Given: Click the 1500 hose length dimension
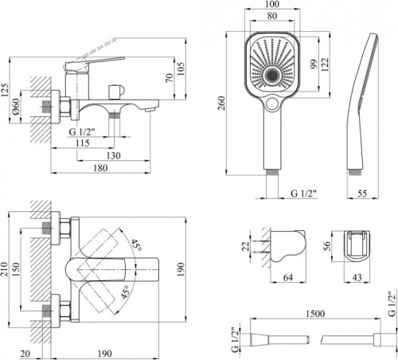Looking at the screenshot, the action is point(315,314).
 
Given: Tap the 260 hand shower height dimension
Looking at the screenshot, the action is point(221,104).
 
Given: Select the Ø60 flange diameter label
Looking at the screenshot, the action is point(16,107).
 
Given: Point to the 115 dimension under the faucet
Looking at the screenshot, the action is point(83,143).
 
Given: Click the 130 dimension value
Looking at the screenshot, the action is point(113,155).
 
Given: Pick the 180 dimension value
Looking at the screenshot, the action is point(100,168).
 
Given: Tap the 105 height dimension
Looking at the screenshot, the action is point(181,68).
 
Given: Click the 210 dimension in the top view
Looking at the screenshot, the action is point(4,269).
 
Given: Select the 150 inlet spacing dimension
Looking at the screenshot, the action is point(16,269).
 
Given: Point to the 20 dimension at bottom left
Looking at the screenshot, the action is point(25,354).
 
